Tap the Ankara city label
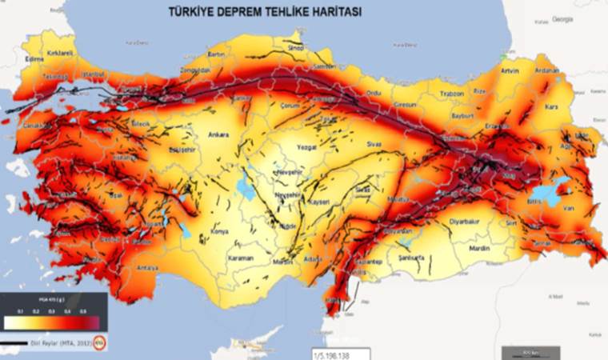(218, 135)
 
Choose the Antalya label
(147, 268)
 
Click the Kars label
(550, 106)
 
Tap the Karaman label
(240, 258)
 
